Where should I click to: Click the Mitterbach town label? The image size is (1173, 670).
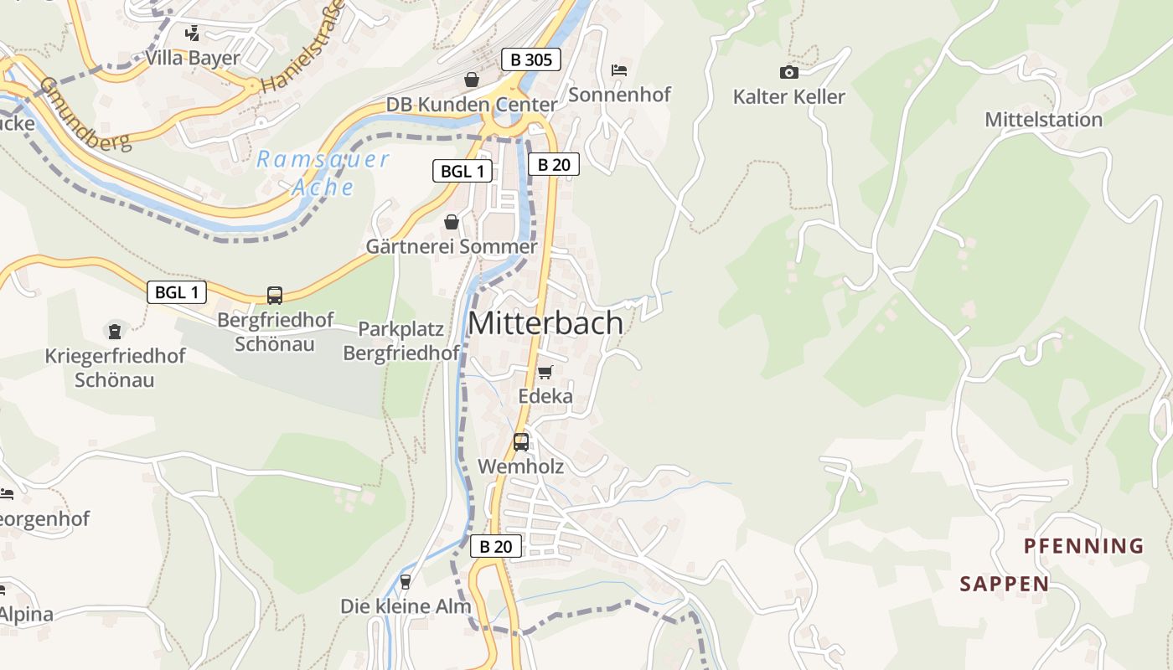[545, 324]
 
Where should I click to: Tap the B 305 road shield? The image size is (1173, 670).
[530, 59]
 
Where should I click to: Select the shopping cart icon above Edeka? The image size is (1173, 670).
[545, 372]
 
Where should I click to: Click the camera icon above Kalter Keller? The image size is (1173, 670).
[788, 72]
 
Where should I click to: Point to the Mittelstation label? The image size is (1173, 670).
[1043, 120]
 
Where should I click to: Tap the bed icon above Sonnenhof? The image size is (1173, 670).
[619, 70]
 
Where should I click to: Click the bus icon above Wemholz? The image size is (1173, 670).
[521, 441]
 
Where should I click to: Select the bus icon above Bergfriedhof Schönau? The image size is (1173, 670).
[275, 295]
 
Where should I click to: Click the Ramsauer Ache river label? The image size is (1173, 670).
[323, 173]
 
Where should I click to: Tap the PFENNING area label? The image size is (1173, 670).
[1083, 547]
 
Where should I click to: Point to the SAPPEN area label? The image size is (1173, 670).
[1004, 584]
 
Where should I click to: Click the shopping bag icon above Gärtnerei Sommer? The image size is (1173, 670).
[452, 222]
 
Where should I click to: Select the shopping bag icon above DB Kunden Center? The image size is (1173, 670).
[472, 80]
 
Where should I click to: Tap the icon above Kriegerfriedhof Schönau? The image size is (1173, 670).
[115, 332]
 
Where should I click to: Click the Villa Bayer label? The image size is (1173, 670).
[193, 58]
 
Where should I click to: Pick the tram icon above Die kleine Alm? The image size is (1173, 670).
[406, 581]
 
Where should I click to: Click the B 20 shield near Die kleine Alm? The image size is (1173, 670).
[495, 547]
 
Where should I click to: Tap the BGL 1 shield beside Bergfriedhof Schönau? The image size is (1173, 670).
[177, 292]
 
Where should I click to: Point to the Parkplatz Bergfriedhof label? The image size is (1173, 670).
[401, 341]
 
